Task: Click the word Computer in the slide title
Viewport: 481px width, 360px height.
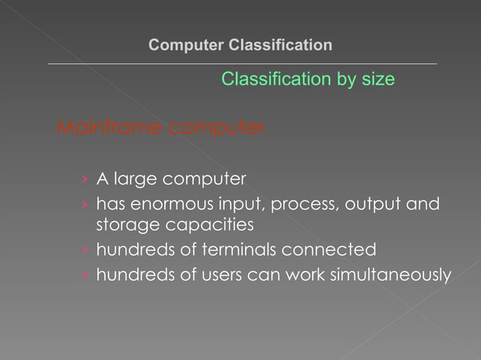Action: click(x=182, y=45)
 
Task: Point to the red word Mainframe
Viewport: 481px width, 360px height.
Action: click(x=109, y=128)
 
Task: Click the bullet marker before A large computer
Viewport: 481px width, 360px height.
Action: click(x=86, y=180)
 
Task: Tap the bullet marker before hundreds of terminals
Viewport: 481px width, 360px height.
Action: click(x=86, y=250)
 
